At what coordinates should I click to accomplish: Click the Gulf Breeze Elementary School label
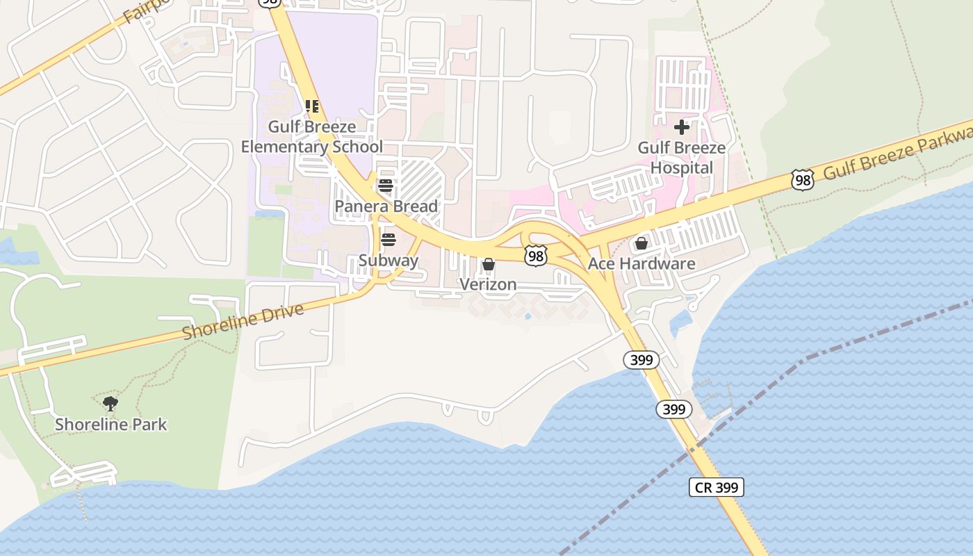[x=311, y=137]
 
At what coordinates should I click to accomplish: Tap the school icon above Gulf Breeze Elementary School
[x=311, y=106]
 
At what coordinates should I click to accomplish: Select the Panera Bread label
[x=386, y=206]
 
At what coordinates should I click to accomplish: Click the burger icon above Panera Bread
[x=386, y=186]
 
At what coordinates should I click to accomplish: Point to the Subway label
[x=389, y=261]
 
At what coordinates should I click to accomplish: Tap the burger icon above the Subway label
[x=389, y=240]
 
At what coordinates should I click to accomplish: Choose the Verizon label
[x=488, y=284]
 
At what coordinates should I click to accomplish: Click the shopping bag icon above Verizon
[x=489, y=264]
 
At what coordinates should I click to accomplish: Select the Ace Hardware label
[x=641, y=264]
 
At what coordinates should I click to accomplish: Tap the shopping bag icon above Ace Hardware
[x=641, y=243]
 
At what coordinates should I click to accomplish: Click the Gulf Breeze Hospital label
[x=682, y=158]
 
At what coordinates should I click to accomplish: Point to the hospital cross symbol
[x=682, y=127]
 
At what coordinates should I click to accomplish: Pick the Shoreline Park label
[x=111, y=424]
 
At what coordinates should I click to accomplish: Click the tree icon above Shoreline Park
[x=110, y=403]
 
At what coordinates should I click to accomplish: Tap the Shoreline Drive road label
[x=243, y=321]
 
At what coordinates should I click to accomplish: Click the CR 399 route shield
[x=717, y=487]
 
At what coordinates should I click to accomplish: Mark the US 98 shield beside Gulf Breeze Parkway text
[x=802, y=180]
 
